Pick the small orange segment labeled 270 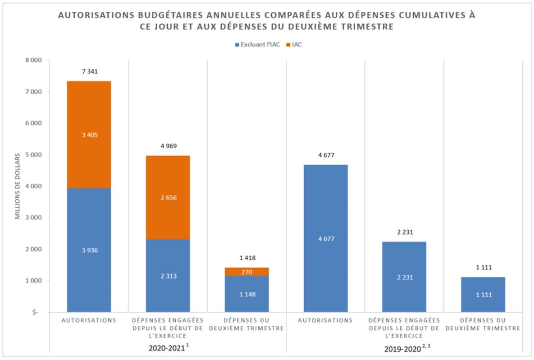tap(247, 272)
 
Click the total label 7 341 tap(89, 72)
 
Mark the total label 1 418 tap(247, 258)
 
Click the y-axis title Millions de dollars tap(18, 186)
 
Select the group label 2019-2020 tap(402, 348)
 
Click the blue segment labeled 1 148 tap(247, 294)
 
